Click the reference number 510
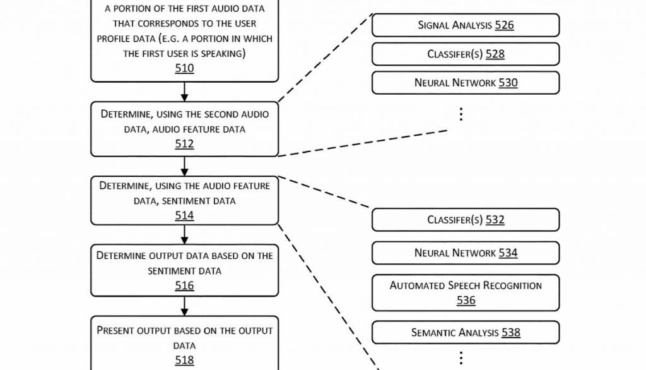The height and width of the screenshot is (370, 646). pos(184,68)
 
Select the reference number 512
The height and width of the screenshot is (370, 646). pos(184,144)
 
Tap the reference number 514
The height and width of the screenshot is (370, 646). pos(184,215)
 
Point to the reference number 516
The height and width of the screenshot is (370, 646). pos(184,286)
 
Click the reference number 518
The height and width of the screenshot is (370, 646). pos(184,360)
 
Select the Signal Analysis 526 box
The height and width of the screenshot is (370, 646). pos(466,25)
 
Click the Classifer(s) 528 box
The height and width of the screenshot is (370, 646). pos(466,54)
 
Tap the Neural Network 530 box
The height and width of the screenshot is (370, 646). pos(466,83)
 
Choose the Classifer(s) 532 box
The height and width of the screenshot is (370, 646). pos(466,220)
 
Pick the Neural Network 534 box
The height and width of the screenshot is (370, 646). pos(466,253)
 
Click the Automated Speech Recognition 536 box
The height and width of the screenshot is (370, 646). pos(466,292)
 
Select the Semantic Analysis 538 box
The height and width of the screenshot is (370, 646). pos(466,332)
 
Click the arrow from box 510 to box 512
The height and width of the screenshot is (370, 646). pos(184,92)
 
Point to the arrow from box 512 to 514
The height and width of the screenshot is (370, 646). pos(184,166)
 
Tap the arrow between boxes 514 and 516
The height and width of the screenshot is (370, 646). pos(184,235)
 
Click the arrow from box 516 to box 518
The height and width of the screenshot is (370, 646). pos(184,306)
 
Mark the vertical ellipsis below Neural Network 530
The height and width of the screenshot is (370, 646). pos(461,114)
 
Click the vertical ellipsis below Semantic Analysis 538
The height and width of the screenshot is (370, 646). pos(461,357)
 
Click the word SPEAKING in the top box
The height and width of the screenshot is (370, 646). pos(224,54)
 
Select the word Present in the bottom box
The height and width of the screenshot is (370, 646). pos(115,331)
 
